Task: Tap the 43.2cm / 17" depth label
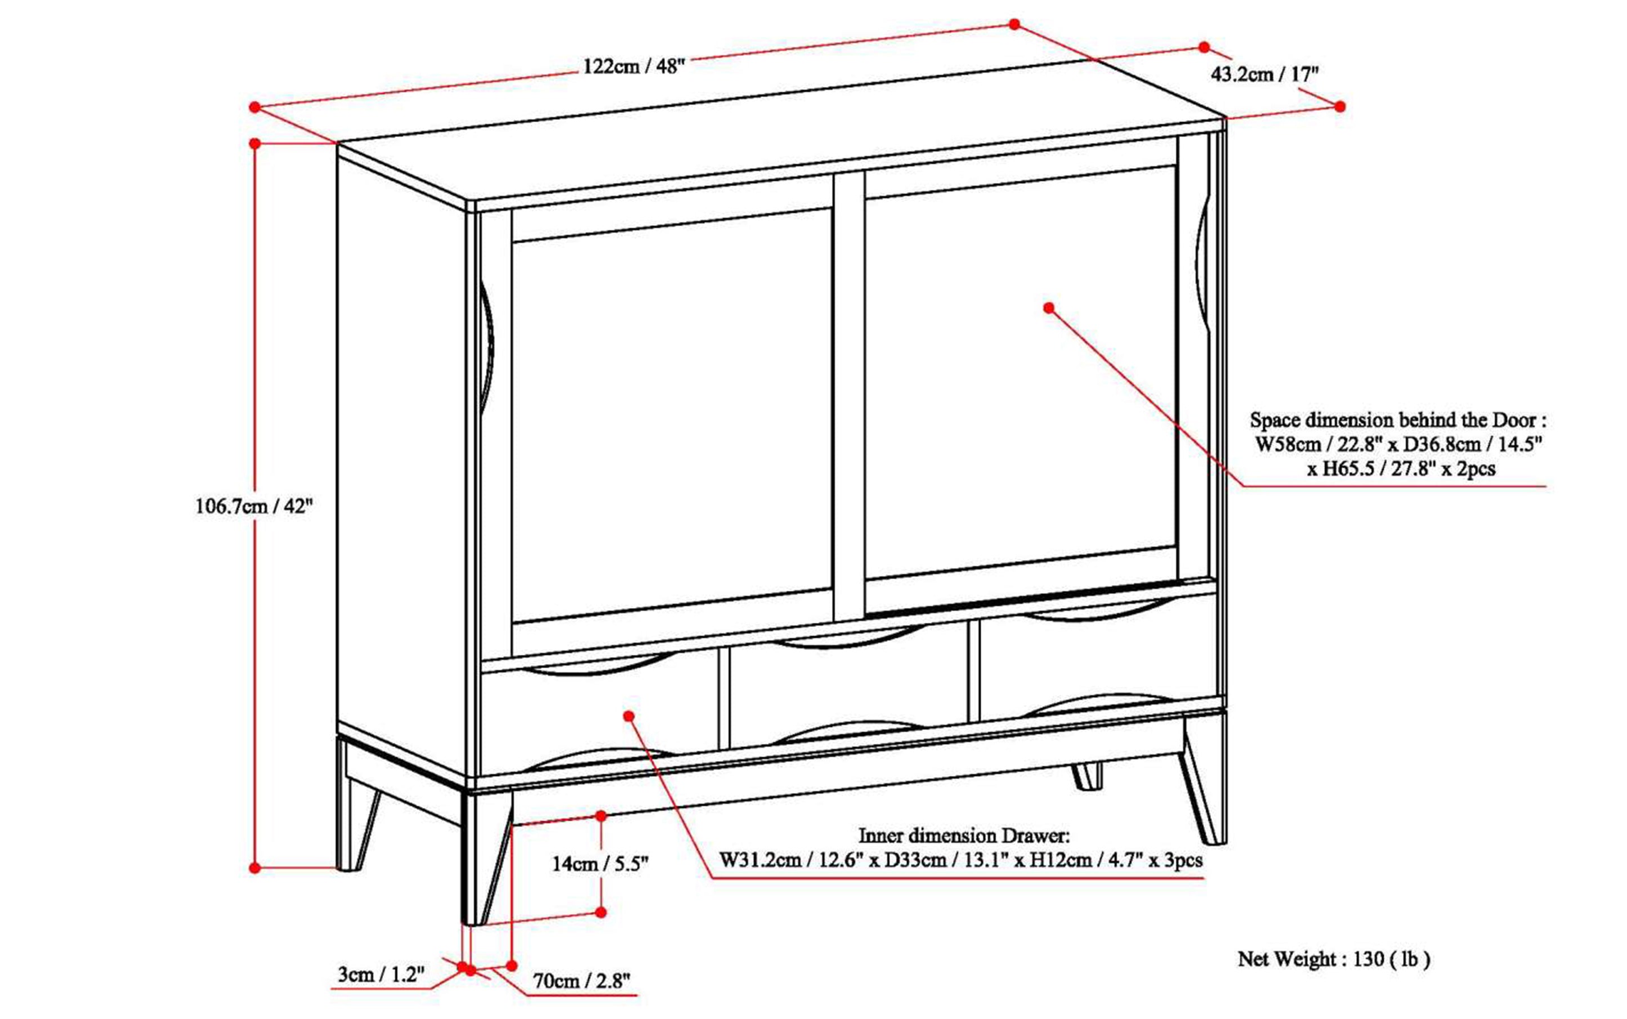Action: pos(1264,74)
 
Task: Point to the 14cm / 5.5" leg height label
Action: pos(600,863)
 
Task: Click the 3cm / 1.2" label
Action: pos(381,974)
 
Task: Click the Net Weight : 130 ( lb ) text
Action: pos(1333,958)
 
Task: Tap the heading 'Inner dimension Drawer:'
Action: pos(963,835)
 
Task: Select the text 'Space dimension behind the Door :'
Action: pos(1398,420)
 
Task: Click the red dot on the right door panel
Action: pos(1048,308)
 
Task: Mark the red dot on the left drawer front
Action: pos(629,716)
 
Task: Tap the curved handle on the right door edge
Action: pos(1203,263)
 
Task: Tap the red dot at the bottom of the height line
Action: pos(255,868)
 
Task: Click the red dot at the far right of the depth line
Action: pos(1339,106)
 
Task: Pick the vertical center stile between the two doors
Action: pos(848,397)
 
